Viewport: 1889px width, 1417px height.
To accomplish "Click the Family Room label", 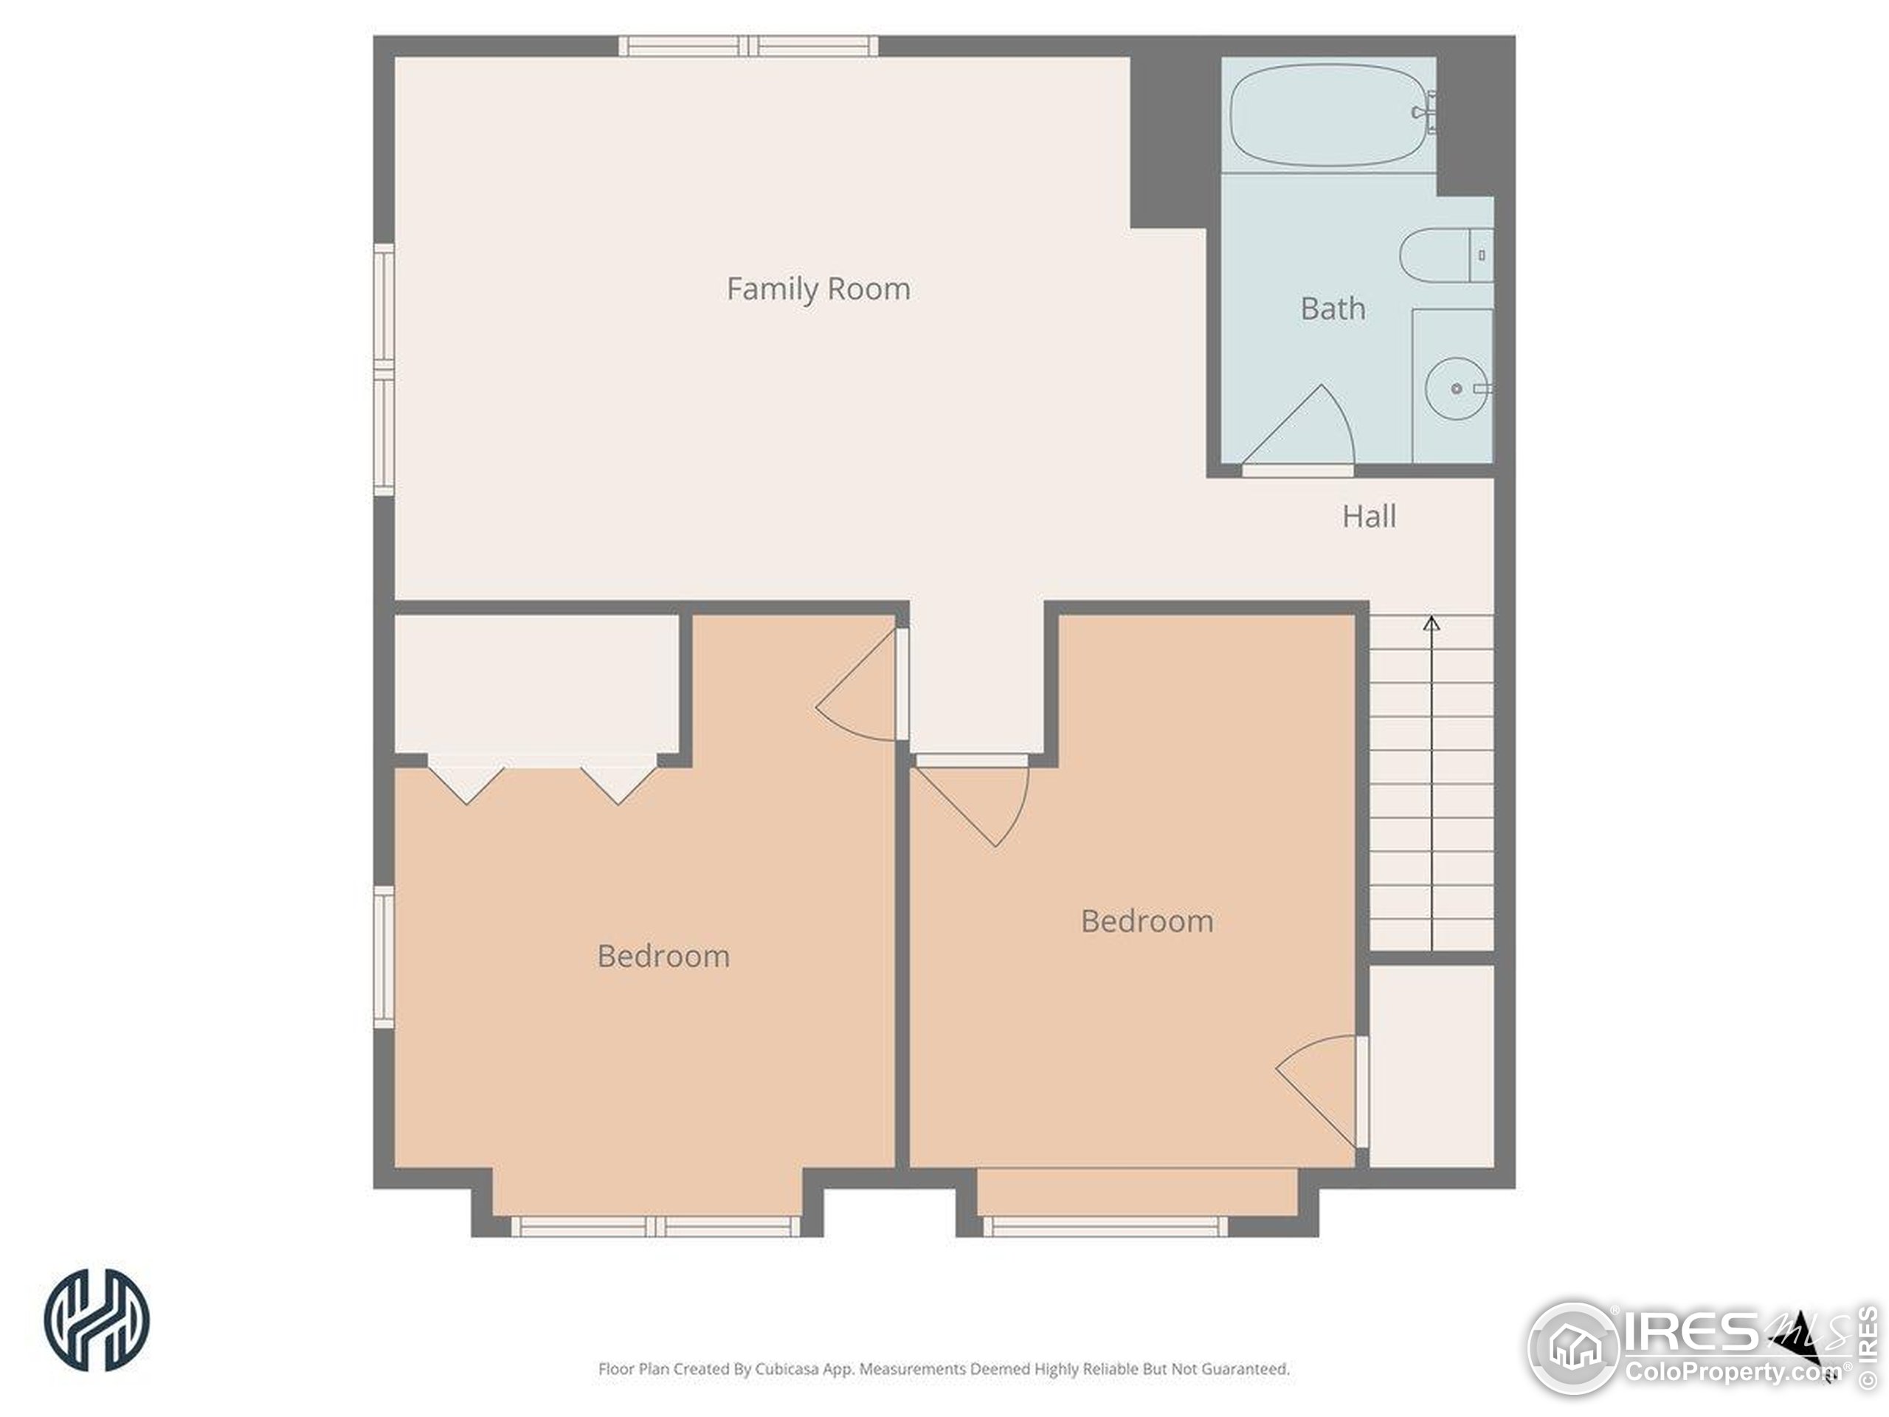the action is click(x=818, y=289).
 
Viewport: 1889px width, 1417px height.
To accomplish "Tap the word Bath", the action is click(x=1332, y=308).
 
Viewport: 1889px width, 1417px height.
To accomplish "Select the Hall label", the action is click(x=1369, y=516).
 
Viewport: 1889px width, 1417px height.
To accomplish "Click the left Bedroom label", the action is click(x=663, y=956).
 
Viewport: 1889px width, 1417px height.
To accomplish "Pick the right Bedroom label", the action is click(x=1147, y=921).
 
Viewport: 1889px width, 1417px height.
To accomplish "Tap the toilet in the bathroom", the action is click(x=1446, y=255).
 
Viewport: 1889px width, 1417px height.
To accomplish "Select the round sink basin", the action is click(x=1457, y=389).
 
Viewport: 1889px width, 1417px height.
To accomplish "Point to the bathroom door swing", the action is click(x=1298, y=427).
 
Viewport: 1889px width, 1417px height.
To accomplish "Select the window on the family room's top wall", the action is click(x=749, y=46).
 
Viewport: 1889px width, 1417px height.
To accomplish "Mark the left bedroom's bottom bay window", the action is click(x=655, y=1227).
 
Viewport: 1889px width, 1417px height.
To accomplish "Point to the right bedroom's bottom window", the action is click(x=1106, y=1227).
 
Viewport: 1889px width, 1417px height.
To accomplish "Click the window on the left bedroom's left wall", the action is click(x=384, y=956).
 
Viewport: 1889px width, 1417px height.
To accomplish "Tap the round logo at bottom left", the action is click(x=97, y=1320).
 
